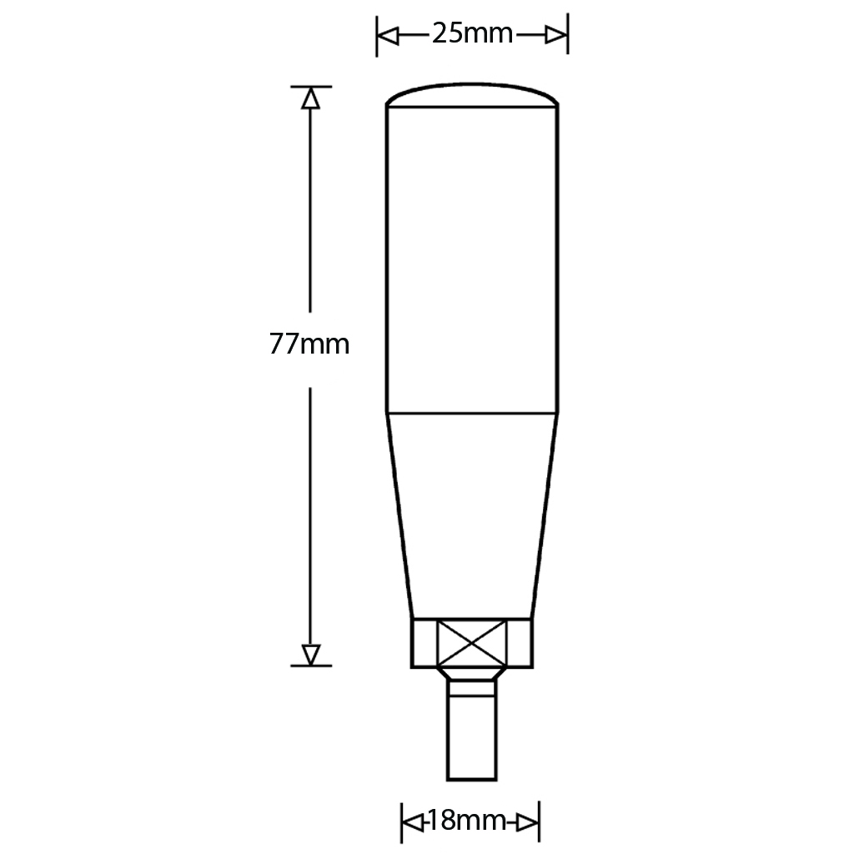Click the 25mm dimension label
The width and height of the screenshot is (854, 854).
pos(472,34)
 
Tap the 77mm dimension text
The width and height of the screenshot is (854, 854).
pos(309,344)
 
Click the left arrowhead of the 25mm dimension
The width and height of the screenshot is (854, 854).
pos(389,35)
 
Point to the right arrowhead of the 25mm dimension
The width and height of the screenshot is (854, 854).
pos(555,35)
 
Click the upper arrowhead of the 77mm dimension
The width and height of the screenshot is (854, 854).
pos(310,98)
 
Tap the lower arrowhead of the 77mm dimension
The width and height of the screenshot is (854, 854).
pos(310,654)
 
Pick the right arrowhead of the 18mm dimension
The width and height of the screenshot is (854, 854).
pos(528,821)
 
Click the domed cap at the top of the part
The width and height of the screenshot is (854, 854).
pos(472,94)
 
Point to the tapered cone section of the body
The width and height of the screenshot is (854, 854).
pos(472,513)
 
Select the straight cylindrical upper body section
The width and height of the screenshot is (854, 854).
pos(472,259)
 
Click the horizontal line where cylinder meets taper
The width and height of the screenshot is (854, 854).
pos(472,412)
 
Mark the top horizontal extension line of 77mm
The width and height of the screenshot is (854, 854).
pos(310,86)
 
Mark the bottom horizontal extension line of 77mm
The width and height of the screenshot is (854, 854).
pos(310,666)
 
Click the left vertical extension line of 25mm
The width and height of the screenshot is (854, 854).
pos(377,35)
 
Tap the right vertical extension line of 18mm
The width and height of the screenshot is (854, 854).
pos(540,821)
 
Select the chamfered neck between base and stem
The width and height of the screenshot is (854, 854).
pos(472,674)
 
